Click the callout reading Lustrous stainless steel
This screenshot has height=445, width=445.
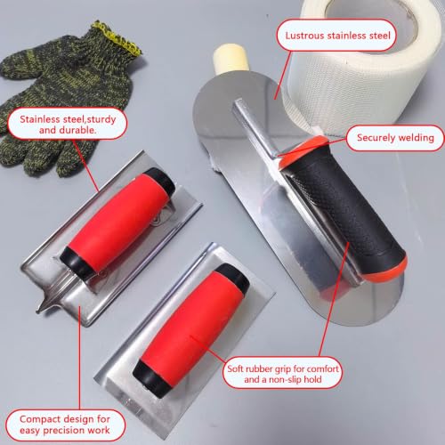(x=337, y=36)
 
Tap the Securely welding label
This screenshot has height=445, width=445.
(x=395, y=138)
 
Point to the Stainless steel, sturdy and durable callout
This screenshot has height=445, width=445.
(x=68, y=125)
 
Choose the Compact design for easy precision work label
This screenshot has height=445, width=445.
(x=65, y=425)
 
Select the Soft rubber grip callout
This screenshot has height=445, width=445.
(x=283, y=374)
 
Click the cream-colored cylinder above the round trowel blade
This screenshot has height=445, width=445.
(x=231, y=58)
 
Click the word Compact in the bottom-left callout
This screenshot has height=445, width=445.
(x=40, y=419)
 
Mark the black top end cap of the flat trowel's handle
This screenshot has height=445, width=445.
(x=234, y=278)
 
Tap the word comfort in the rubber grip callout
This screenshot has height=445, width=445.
(x=322, y=368)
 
